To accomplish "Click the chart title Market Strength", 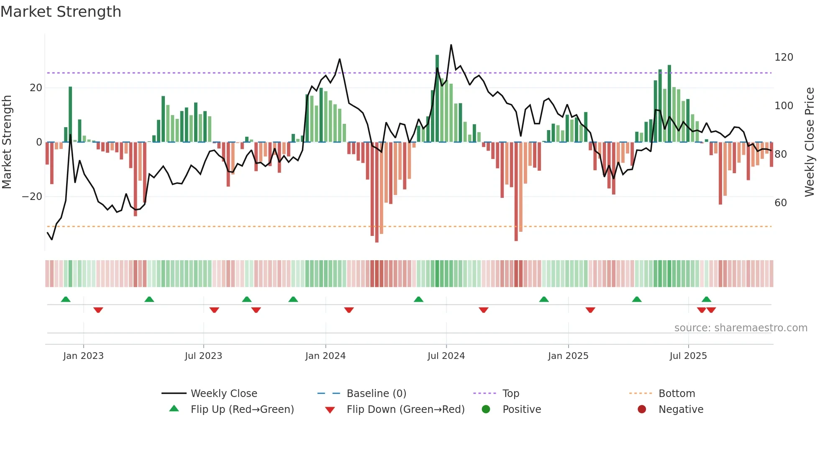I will click(61, 12).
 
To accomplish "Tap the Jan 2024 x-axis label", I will click(325, 356).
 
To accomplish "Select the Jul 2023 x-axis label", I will click(203, 356).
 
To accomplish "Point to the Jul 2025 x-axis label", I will click(688, 356).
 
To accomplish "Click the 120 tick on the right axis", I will click(783, 57).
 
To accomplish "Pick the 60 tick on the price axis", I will click(780, 203).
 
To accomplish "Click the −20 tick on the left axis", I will click(32, 197).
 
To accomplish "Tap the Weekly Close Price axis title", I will click(809, 142).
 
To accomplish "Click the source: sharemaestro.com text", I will click(741, 328).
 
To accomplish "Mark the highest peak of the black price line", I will click(451, 45).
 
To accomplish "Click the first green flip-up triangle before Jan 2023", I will click(66, 299).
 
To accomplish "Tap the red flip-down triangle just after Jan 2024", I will click(349, 310).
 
